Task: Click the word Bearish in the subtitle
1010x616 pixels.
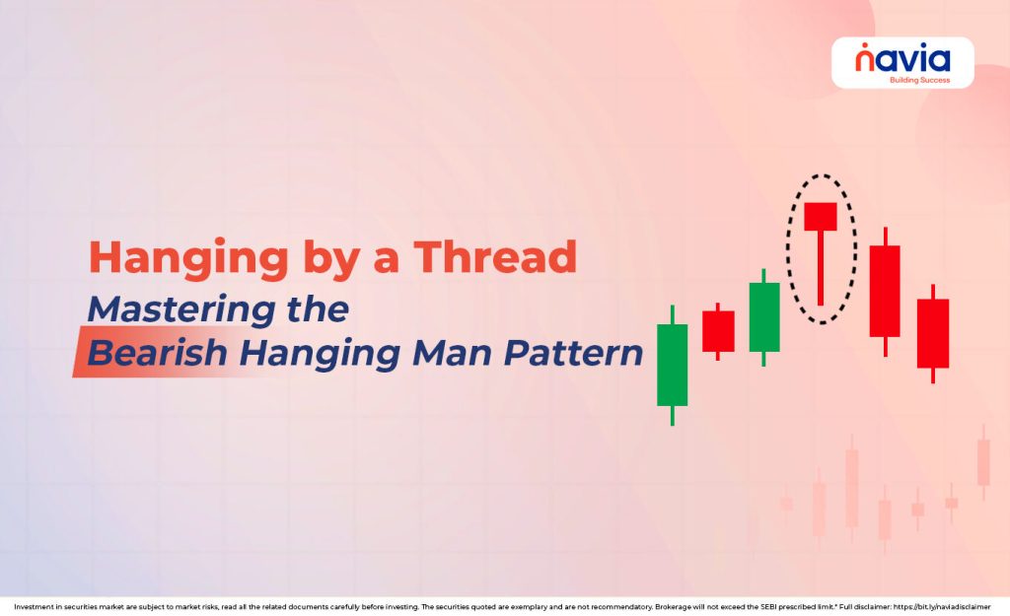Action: (160, 353)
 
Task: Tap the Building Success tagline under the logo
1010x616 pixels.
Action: (919, 80)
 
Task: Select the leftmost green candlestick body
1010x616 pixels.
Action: (672, 365)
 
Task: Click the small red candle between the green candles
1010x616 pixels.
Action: (718, 331)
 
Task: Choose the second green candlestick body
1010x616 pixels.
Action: (764, 316)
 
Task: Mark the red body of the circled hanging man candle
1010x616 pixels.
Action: (820, 216)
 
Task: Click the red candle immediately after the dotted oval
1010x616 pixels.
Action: (885, 291)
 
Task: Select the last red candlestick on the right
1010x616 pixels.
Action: (932, 333)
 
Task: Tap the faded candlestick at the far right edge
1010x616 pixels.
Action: (982, 461)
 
